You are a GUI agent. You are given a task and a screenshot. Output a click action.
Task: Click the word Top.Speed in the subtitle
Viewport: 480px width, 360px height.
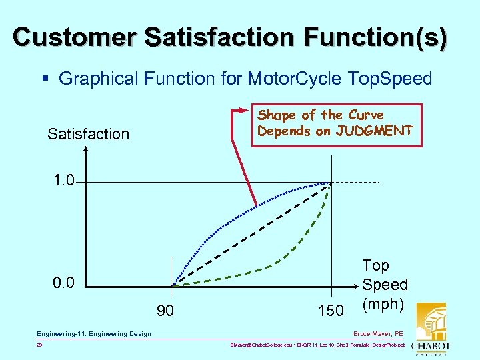(391, 79)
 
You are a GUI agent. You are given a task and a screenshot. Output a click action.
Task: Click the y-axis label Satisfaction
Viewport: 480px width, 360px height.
(88, 134)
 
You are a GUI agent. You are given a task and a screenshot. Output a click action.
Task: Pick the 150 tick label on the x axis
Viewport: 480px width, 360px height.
(331, 311)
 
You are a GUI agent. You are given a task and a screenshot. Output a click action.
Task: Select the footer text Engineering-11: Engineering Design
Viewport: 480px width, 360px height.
(94, 333)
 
